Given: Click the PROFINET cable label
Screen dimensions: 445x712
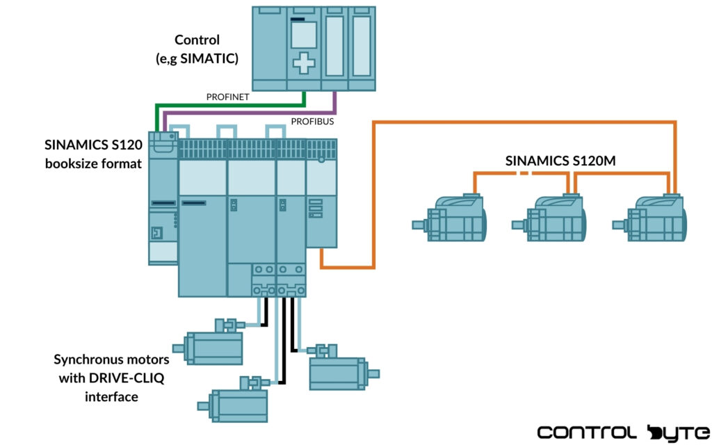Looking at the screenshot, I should [228, 97].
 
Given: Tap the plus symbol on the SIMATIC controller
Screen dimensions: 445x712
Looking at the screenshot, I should [303, 63].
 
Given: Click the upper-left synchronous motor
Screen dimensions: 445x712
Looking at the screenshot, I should [212, 345].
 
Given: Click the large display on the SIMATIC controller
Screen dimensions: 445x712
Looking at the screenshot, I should [303, 33].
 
